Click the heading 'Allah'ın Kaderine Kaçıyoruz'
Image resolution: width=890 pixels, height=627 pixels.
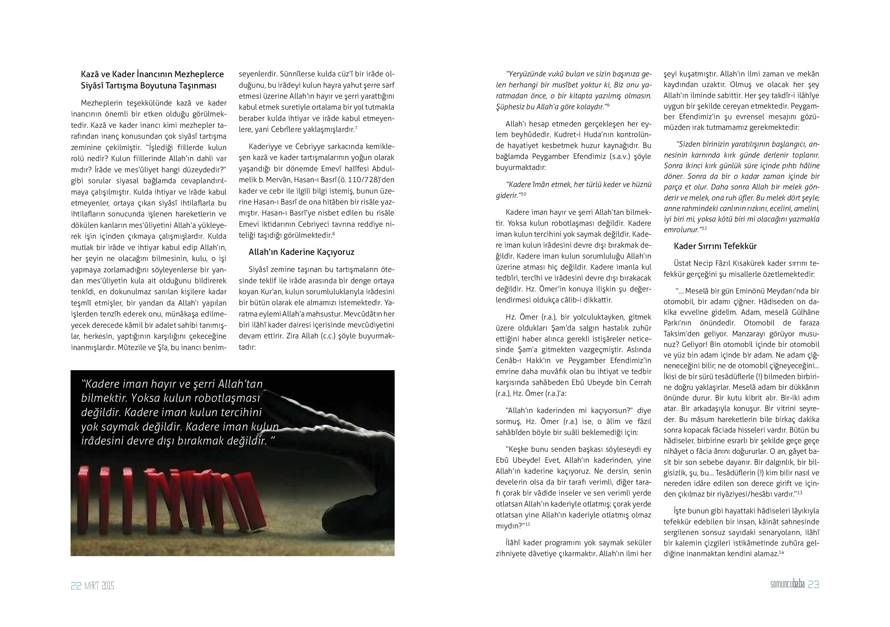click(x=301, y=252)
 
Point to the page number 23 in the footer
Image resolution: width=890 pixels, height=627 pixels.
click(x=813, y=585)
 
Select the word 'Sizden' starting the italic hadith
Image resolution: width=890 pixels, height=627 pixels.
click(x=688, y=144)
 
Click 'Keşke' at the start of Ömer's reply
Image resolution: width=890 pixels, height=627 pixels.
click(x=516, y=450)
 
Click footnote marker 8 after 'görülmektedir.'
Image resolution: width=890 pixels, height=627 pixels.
click(x=333, y=234)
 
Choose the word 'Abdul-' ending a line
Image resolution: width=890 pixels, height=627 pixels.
click(x=383, y=170)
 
